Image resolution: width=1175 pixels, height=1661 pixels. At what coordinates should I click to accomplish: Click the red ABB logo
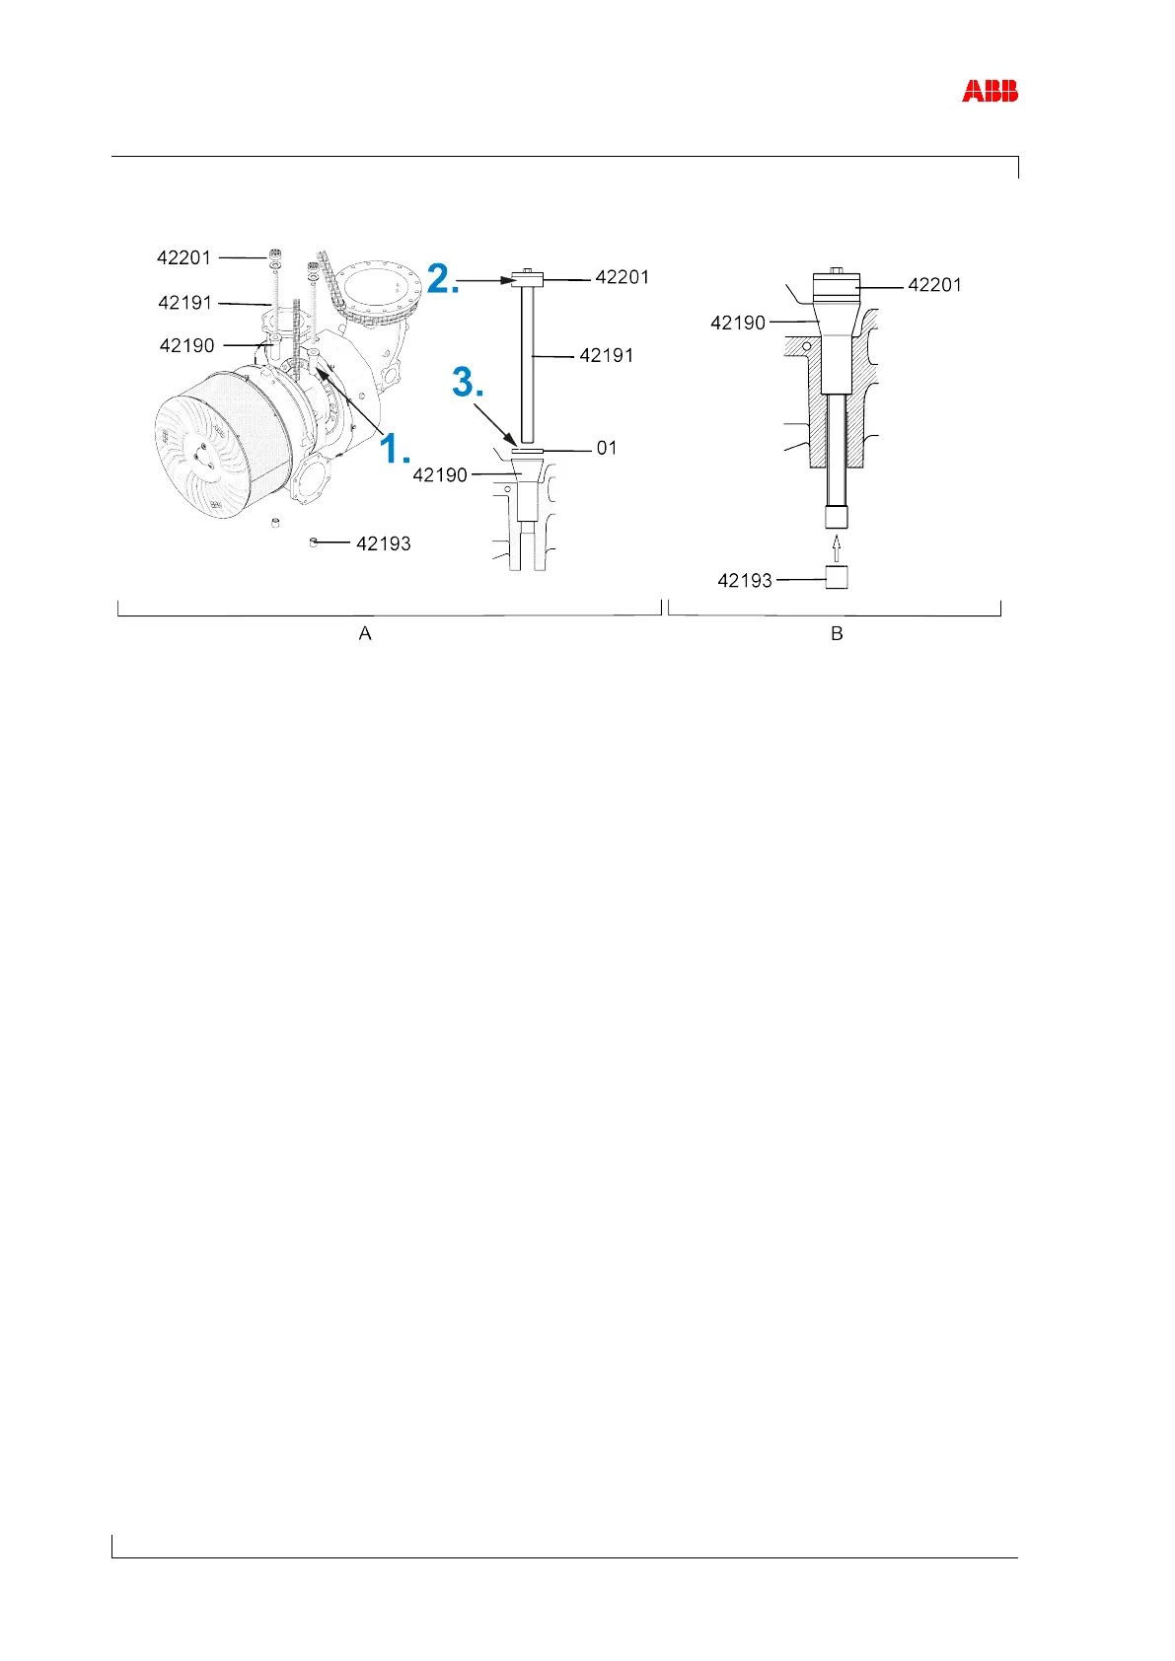click(x=990, y=92)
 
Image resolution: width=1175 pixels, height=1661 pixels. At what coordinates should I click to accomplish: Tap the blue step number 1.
click(x=395, y=448)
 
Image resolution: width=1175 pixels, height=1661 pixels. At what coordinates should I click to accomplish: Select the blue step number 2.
click(x=443, y=279)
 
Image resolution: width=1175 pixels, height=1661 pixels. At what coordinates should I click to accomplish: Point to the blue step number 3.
click(x=468, y=383)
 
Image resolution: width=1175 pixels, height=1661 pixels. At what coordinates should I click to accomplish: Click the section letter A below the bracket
click(x=365, y=634)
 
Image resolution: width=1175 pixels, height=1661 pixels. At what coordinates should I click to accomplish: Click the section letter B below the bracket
click(x=837, y=634)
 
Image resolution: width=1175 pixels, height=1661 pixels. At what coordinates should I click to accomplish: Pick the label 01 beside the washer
click(x=607, y=449)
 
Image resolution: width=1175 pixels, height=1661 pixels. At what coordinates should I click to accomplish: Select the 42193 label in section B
click(x=745, y=581)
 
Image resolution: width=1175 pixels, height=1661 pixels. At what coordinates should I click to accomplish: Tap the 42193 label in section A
click(x=384, y=543)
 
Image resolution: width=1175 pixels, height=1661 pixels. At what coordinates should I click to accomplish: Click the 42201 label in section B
click(x=934, y=285)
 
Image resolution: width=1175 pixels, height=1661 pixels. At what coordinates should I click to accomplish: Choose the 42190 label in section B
click(x=738, y=323)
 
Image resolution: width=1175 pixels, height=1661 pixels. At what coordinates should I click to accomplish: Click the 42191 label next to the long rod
click(x=607, y=355)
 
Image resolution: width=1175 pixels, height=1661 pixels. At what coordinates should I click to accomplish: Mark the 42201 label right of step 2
click(x=623, y=277)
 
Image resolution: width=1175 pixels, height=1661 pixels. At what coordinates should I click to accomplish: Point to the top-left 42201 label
click(x=184, y=258)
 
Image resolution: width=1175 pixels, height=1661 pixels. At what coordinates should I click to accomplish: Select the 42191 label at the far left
click(x=185, y=302)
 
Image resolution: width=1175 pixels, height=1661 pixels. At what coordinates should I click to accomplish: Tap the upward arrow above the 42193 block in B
click(x=837, y=546)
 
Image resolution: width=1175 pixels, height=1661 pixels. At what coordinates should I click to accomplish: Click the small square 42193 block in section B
click(x=837, y=577)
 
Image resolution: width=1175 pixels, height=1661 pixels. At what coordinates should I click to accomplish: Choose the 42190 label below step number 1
click(x=440, y=475)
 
